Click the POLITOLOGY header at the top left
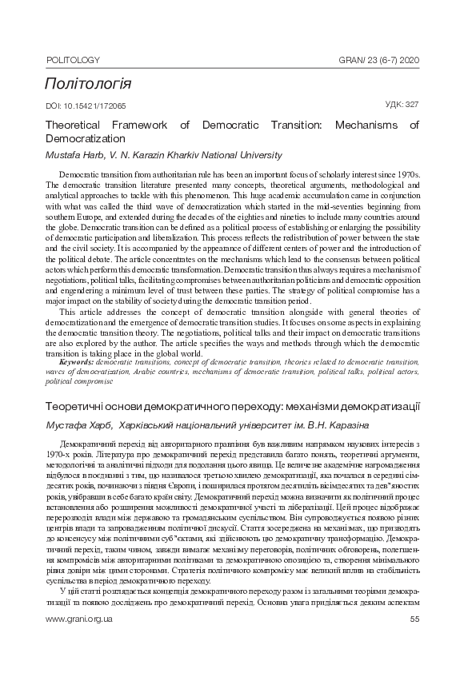click(73, 60)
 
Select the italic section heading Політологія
click(88, 84)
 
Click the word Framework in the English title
click(138, 125)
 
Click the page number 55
click(414, 641)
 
